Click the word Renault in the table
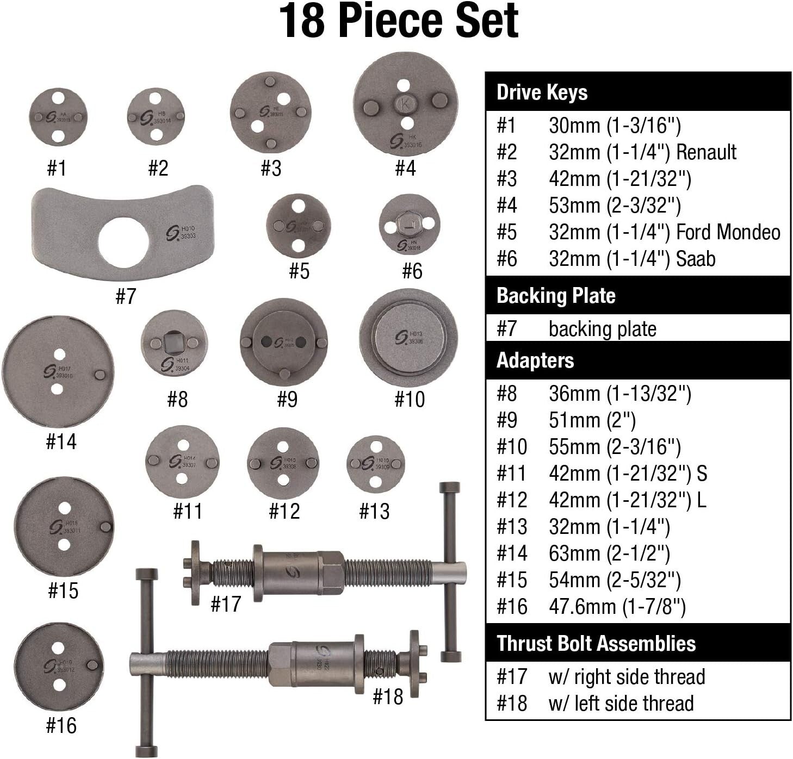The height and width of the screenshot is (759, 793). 705,152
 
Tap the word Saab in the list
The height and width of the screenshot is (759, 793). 695,259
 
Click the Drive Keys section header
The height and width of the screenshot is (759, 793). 542,92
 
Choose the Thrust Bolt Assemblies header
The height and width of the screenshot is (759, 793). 596,643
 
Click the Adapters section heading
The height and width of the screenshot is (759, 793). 535,360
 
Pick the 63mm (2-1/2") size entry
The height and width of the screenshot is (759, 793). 609,553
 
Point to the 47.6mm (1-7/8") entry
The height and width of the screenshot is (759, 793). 617,607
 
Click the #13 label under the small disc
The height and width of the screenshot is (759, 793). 374,511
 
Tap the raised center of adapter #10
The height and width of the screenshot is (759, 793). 408,337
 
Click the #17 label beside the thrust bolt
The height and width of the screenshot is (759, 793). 225,604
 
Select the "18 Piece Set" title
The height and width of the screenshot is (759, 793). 399,21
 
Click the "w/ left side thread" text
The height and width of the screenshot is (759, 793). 621,703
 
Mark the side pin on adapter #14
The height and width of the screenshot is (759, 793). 100,375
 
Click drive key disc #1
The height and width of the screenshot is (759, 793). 58,117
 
